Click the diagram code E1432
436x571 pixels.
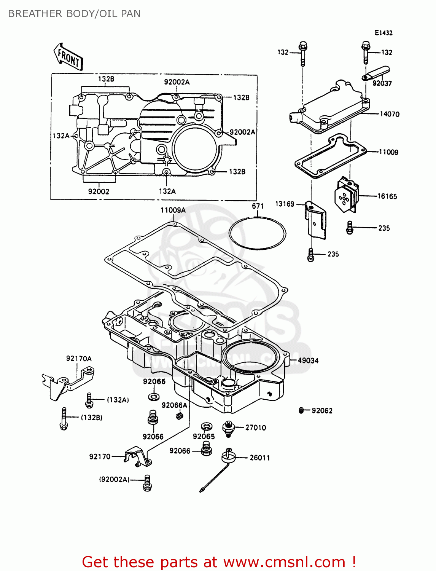(383, 33)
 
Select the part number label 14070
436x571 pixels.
(390, 114)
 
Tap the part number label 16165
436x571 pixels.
(387, 196)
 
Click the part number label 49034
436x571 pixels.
(308, 360)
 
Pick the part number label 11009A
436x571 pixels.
(173, 210)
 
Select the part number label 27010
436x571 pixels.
(255, 427)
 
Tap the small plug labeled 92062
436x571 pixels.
(301, 410)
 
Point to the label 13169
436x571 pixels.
(285, 204)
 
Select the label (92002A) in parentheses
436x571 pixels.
(114, 479)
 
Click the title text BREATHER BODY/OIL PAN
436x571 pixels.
(74, 14)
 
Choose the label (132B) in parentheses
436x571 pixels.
(91, 417)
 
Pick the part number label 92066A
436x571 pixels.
(174, 405)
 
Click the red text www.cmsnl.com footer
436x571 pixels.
(219, 562)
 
